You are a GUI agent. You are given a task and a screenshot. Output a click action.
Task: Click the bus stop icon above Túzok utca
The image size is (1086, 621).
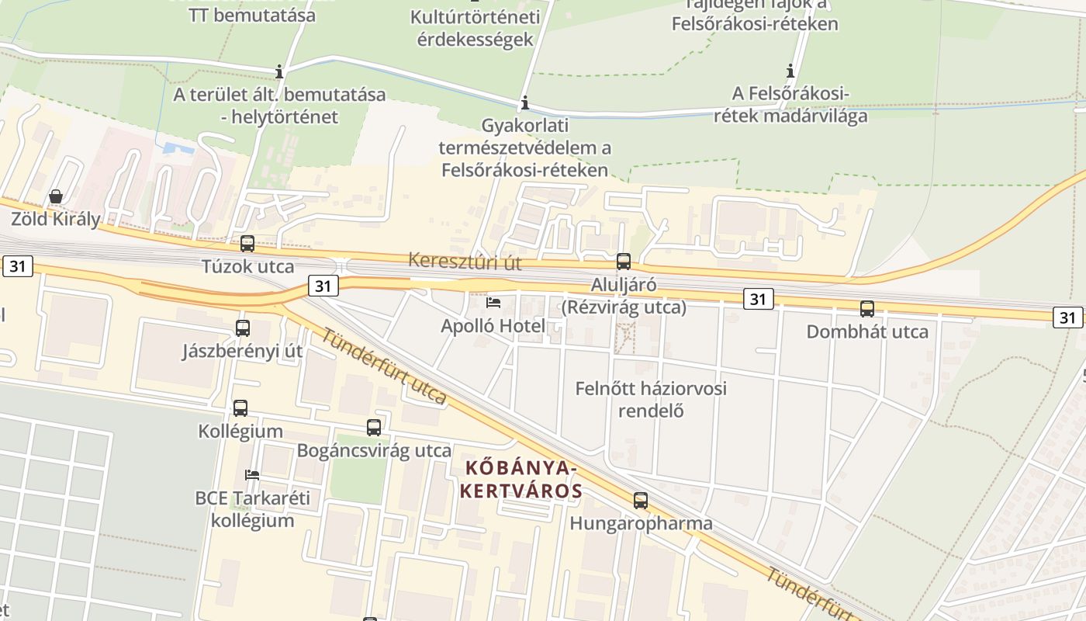tap(247, 244)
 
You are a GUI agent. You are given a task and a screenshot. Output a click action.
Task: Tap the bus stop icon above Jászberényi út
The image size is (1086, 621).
tap(243, 328)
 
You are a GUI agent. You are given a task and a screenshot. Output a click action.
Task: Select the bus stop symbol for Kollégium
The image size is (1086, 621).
tap(240, 408)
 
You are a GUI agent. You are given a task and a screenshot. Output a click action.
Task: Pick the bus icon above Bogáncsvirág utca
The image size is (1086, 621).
tap(374, 428)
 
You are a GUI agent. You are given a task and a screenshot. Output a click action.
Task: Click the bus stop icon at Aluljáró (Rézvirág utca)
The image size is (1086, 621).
tap(624, 262)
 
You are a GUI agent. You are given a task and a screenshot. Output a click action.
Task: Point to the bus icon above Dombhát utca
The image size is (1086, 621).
tap(867, 309)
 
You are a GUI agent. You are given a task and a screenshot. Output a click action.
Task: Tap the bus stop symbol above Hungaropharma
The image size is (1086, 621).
tap(641, 501)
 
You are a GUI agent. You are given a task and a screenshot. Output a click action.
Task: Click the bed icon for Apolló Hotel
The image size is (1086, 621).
tap(493, 303)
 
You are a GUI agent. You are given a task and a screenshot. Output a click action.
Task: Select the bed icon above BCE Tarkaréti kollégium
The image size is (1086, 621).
tap(252, 474)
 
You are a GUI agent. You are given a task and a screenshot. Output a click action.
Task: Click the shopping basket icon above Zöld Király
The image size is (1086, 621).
tap(56, 196)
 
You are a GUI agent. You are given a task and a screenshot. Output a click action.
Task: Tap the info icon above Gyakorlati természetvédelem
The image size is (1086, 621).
tap(525, 102)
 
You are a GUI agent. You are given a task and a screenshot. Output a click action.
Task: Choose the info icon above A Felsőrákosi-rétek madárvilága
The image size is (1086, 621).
tap(790, 71)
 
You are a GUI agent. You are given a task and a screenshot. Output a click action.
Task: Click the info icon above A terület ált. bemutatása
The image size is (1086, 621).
tap(279, 72)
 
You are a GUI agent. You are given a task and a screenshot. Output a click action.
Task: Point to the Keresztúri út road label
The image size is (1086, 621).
tap(465, 262)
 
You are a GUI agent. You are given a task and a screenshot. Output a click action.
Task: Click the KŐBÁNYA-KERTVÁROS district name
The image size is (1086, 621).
tap(521, 480)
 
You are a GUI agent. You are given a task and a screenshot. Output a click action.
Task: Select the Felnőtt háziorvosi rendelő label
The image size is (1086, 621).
tap(651, 399)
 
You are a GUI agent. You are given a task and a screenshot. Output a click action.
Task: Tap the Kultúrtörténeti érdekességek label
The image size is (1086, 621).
tap(476, 28)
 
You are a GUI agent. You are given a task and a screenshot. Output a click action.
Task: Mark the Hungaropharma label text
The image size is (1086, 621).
tap(641, 523)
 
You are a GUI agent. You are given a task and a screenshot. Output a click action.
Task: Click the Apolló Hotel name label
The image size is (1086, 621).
tap(493, 326)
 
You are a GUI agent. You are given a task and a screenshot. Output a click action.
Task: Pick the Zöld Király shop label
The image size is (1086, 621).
tap(56, 219)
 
